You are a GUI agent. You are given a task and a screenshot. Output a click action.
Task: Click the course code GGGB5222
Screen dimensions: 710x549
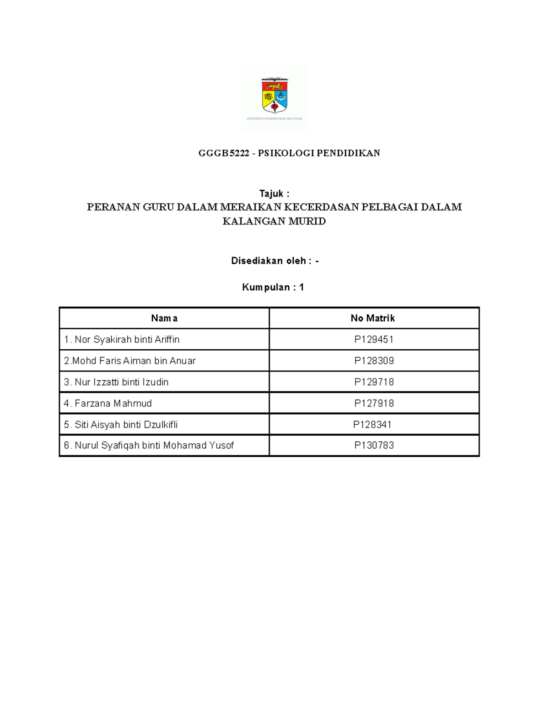224,153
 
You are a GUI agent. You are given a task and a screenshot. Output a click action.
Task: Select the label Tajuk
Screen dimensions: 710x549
271,193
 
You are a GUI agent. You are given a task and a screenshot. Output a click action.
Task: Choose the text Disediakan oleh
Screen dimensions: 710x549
269,261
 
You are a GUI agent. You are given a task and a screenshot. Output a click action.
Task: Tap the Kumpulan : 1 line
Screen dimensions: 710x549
273,287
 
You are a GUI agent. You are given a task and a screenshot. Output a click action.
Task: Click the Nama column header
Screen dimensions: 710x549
164,318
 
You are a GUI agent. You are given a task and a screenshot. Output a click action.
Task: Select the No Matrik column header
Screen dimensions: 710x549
372,318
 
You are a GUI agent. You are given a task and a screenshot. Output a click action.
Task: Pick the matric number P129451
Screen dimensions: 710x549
374,339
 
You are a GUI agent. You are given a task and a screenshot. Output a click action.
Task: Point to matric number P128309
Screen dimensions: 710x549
374,361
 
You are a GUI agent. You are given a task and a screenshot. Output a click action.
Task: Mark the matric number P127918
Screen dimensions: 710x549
374,403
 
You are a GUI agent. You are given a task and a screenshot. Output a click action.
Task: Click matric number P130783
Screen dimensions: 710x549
374,445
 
